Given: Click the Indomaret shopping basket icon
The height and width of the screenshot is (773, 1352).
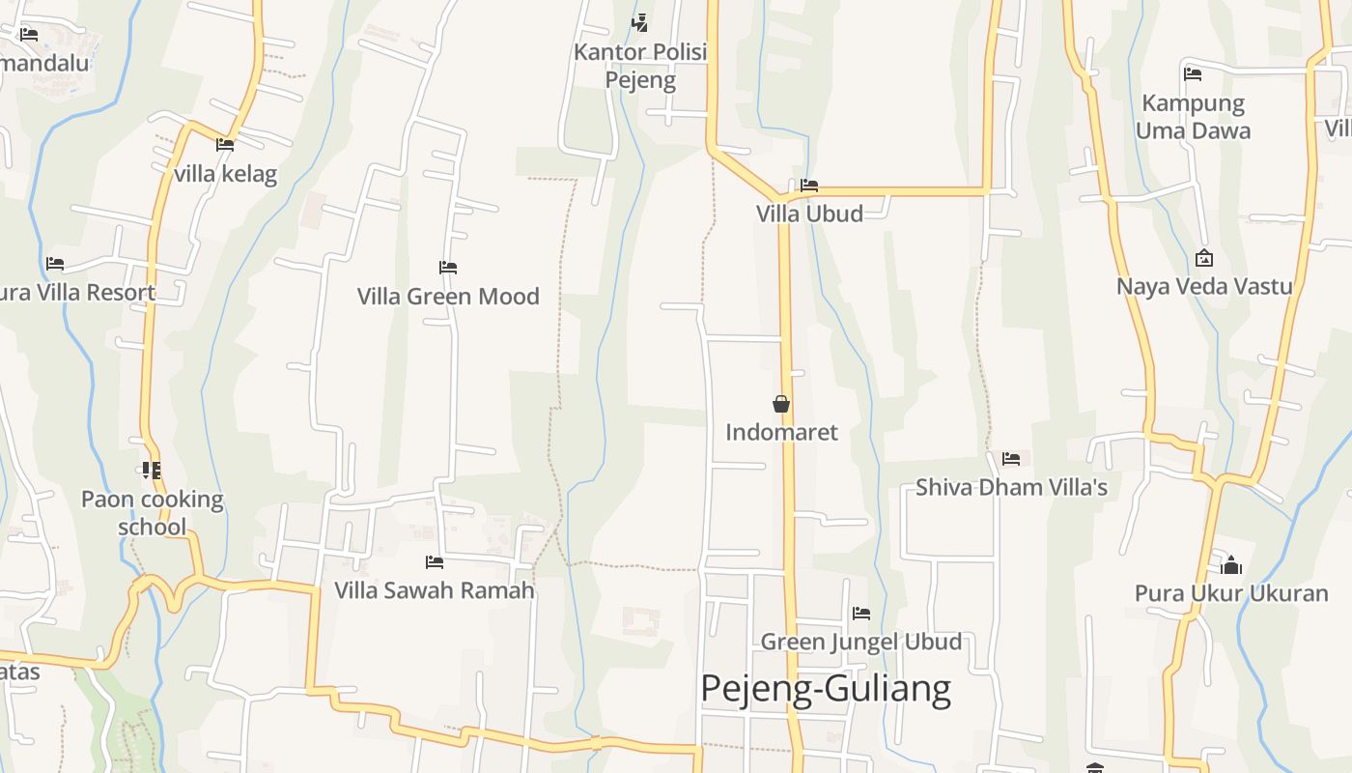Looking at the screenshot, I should pos(781,404).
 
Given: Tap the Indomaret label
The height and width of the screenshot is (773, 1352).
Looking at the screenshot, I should pos(781,432).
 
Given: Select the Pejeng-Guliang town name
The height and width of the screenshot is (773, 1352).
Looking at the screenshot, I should pos(825,689).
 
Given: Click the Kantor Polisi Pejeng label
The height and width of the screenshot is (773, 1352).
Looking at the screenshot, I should pos(640,66).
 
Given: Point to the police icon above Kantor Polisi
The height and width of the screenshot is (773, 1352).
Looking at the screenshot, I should pos(639,22).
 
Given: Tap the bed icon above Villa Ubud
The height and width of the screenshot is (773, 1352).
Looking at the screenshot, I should pos(809,186).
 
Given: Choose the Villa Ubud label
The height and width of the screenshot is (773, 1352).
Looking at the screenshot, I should pos(809,214).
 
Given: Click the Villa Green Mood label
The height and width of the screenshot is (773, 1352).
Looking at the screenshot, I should pos(448,297).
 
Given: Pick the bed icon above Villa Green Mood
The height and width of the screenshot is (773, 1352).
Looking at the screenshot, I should pos(447,268).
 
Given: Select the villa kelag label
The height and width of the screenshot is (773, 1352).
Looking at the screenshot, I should pos(226,174).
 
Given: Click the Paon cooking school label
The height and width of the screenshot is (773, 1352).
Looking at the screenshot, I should pos(152,513).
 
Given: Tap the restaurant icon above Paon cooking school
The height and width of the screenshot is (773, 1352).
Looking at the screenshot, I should pos(151,471).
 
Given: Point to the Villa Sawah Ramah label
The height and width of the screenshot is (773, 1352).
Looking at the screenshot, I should pos(435,590).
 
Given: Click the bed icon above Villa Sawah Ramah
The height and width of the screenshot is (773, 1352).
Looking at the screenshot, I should pos(435,561).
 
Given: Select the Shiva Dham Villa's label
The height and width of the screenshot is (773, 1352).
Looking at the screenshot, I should pos(1011,487).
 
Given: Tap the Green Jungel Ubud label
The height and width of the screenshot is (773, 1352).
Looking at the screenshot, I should pos(860,642).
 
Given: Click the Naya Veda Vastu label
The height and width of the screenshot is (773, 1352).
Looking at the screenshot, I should pos(1204,286).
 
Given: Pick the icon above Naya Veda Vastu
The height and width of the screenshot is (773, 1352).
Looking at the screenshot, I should pos(1204,258).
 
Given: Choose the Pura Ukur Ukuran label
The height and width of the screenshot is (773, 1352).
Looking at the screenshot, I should pos(1231,593).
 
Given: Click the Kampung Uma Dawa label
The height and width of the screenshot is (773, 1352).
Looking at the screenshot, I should pos(1193,117).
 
